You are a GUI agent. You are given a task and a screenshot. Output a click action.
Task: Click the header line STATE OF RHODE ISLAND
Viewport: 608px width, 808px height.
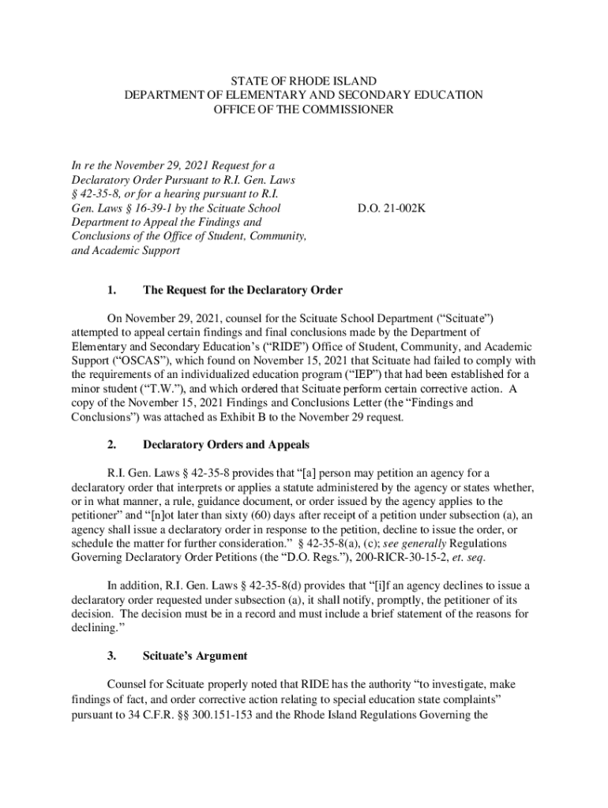(x=303, y=80)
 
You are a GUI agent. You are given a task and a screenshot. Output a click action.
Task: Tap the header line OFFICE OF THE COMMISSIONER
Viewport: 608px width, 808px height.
(x=303, y=109)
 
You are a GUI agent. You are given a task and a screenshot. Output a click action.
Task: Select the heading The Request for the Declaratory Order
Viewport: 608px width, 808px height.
(x=242, y=290)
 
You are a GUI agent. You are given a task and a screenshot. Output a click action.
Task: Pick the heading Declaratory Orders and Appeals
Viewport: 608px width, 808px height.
(x=226, y=444)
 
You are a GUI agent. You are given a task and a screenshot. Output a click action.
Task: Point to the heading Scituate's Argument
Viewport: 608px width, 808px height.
(x=194, y=656)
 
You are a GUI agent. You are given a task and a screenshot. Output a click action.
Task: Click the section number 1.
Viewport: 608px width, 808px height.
(x=113, y=290)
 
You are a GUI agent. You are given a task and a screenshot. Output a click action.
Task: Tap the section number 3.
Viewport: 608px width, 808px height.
(x=113, y=656)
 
